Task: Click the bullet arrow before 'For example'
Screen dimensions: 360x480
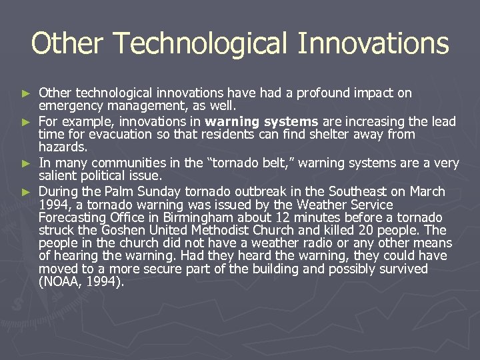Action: [x=26, y=122]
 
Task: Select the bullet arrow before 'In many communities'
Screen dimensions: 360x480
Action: [x=26, y=163]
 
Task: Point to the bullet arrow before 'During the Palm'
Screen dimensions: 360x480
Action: [x=26, y=191]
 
